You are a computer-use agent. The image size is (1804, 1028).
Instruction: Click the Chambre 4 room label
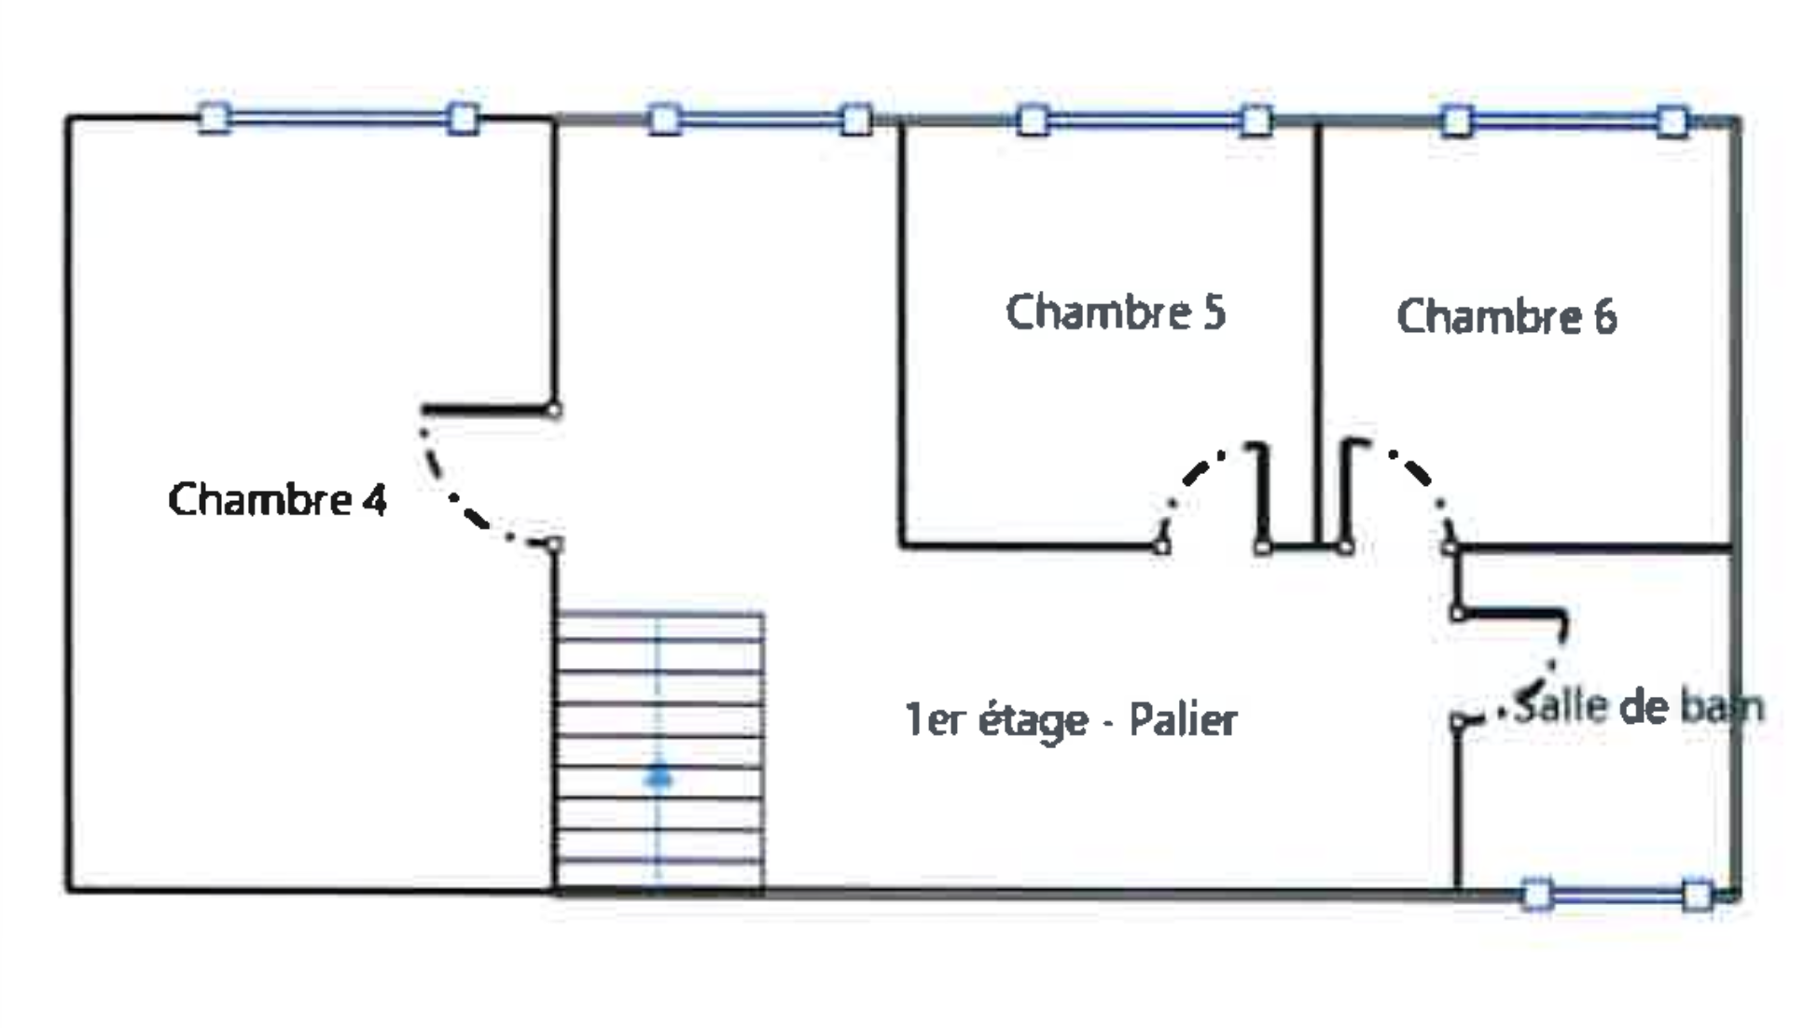pos(277,500)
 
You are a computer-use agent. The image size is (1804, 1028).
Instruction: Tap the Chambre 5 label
pos(1115,313)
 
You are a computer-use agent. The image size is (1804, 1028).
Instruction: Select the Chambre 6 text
pos(1506,317)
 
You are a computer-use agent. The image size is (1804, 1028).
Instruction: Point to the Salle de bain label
pos(1638,706)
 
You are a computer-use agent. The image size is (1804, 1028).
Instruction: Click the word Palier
pos(1183,719)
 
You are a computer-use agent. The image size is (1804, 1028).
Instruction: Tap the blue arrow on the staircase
pos(659,776)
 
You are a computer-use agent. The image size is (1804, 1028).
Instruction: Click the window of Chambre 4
pos(339,118)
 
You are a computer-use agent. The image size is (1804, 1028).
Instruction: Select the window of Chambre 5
pos(1144,120)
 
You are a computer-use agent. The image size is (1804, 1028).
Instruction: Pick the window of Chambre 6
pos(1564,121)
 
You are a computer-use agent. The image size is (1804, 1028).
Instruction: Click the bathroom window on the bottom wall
pos(1617,896)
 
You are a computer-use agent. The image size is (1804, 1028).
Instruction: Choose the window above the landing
pos(759,120)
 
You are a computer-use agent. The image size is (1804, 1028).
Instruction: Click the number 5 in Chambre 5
pos(1213,313)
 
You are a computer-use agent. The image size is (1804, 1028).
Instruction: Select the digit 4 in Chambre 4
pos(374,500)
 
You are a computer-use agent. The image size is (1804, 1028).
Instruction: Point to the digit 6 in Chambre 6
pos(1604,317)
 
